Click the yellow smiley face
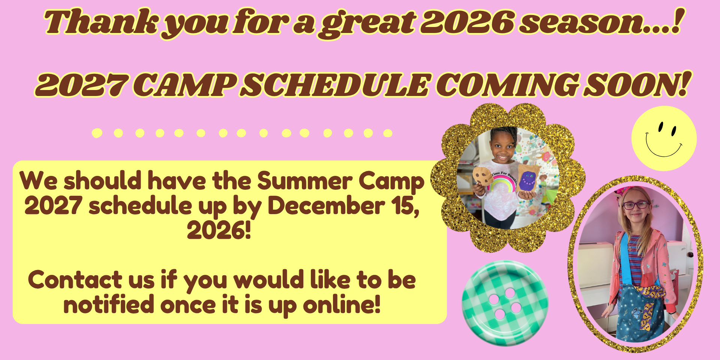(x=664, y=138)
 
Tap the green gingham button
(x=504, y=303)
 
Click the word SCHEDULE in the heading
(x=336, y=85)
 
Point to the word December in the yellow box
(x=326, y=206)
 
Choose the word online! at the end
(x=342, y=304)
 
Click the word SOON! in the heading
(x=636, y=85)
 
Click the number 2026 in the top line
(x=467, y=22)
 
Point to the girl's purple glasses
(x=636, y=205)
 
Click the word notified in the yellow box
(x=109, y=304)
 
